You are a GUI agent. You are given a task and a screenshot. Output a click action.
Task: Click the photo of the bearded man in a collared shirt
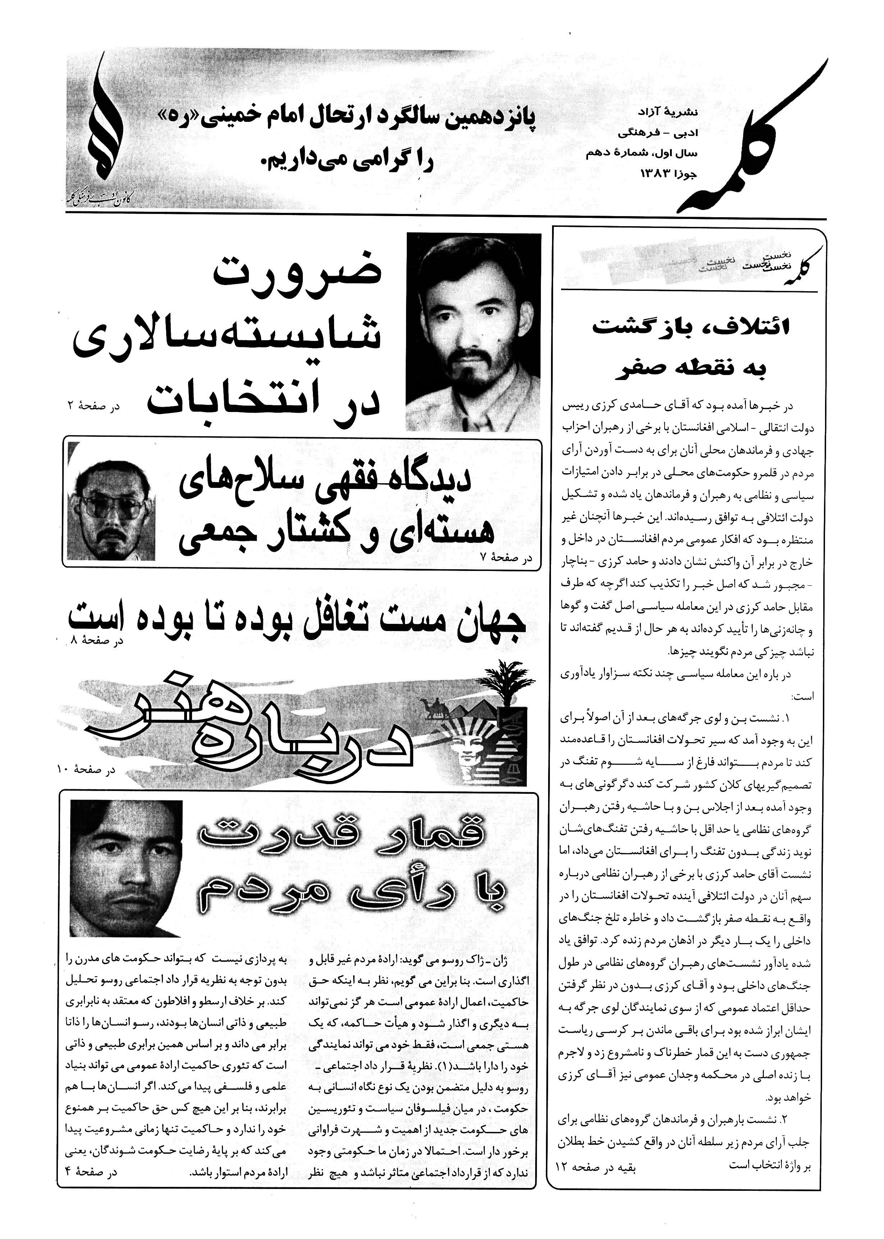click(x=474, y=332)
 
